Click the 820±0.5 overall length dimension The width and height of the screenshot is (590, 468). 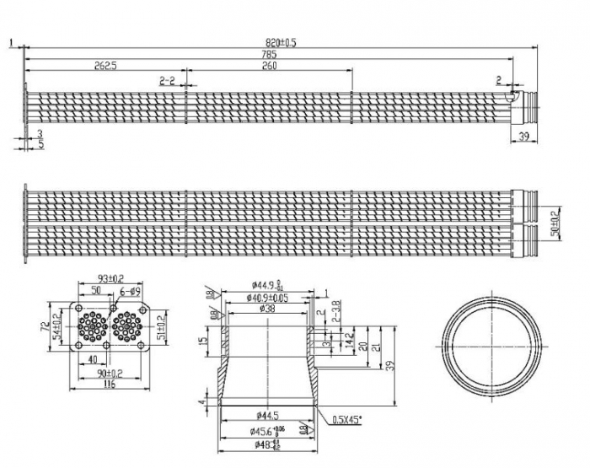pyautogui.click(x=282, y=42)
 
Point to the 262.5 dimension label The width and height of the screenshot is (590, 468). pyautogui.click(x=105, y=66)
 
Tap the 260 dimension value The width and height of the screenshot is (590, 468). pyautogui.click(x=269, y=66)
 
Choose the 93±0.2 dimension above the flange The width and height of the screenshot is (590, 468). pyautogui.click(x=110, y=279)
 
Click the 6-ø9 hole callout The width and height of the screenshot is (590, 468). pyautogui.click(x=130, y=290)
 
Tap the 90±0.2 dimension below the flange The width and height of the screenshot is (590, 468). pyautogui.click(x=110, y=374)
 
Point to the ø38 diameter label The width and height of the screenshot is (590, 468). pyautogui.click(x=269, y=309)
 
